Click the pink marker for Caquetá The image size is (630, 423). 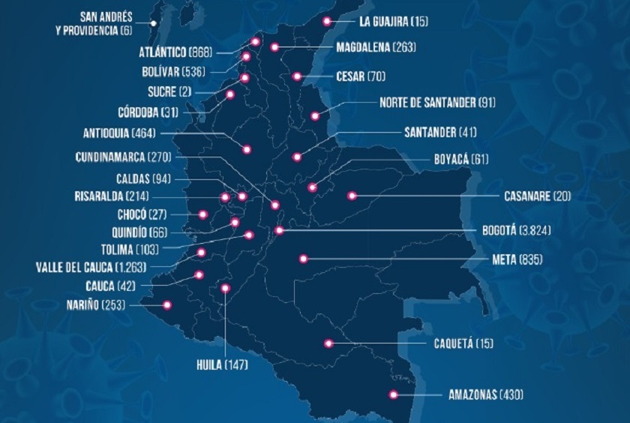pos(328,344)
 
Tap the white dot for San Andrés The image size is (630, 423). pos(153,23)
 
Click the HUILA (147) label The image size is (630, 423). pos(223,365)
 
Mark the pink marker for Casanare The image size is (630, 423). pos(351,196)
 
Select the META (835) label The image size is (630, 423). pos(517,259)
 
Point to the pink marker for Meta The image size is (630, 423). pos(304,259)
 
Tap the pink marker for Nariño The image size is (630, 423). pos(167,305)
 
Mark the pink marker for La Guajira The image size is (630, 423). pos(327,22)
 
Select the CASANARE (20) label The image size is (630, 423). pos(537,196)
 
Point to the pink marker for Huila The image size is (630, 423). pos(225,288)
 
